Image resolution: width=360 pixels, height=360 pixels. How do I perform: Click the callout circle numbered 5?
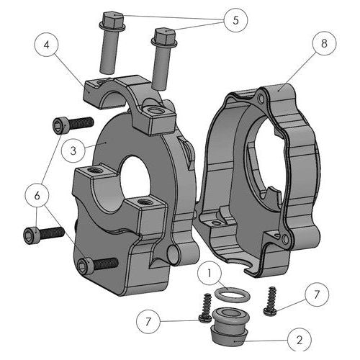coord(235,20)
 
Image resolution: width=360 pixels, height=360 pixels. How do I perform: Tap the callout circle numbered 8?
coord(324,44)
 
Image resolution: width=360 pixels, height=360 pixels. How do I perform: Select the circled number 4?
coord(47,45)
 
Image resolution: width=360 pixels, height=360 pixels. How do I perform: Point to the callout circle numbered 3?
coord(73,150)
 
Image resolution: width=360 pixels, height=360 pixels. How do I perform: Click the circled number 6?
coord(37,196)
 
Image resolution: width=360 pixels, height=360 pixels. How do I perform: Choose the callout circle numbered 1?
coord(210,273)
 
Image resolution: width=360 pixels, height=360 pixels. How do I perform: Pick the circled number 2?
coord(300,340)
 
